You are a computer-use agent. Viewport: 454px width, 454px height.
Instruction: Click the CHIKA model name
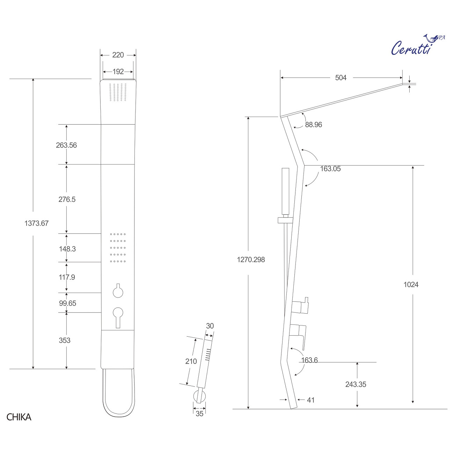(x=19, y=417)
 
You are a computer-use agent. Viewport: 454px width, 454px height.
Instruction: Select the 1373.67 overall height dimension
(x=36, y=223)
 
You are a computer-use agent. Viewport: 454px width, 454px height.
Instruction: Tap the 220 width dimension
(x=118, y=55)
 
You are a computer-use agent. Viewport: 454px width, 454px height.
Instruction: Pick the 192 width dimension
(x=118, y=72)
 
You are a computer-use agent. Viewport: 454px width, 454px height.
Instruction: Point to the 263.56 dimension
(x=66, y=145)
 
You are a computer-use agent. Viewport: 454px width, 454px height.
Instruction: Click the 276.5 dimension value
(x=67, y=199)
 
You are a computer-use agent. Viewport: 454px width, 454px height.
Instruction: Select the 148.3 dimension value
(x=67, y=249)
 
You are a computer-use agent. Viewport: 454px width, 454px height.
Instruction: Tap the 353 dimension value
(x=65, y=340)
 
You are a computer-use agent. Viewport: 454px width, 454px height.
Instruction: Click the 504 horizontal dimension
(x=340, y=78)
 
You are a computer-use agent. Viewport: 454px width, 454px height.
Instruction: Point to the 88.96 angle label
(x=313, y=125)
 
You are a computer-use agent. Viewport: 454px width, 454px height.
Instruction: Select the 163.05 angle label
(x=330, y=169)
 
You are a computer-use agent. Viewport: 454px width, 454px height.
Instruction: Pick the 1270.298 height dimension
(x=251, y=259)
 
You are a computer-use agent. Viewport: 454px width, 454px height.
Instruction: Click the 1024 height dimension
(x=411, y=284)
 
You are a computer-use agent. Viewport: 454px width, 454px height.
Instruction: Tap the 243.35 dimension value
(x=356, y=384)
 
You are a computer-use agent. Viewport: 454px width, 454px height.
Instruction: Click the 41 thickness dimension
(x=310, y=400)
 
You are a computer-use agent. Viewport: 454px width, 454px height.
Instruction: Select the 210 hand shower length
(x=191, y=361)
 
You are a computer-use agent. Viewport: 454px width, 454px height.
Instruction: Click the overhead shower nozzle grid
(x=118, y=93)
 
